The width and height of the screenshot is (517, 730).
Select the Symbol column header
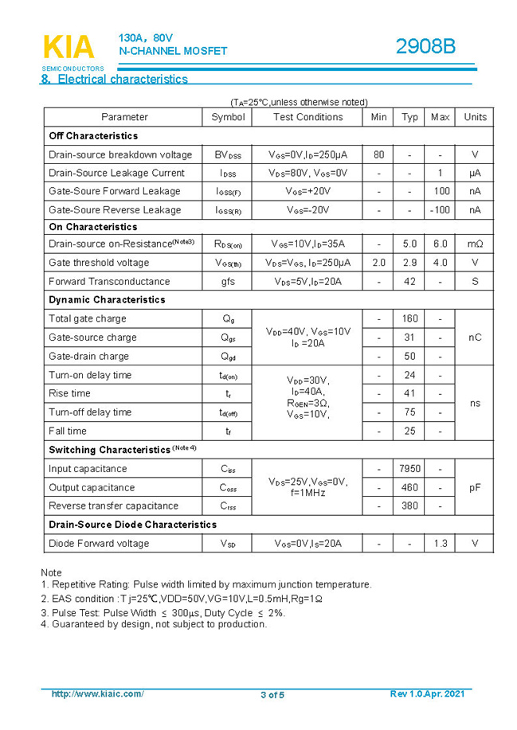[228, 117]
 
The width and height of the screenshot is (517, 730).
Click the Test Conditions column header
[307, 117]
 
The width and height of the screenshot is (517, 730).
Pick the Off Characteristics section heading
[93, 136]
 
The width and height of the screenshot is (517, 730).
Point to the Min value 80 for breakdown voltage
[378, 154]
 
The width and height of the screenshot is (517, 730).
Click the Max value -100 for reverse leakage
[440, 210]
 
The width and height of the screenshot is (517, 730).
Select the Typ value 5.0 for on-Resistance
[409, 244]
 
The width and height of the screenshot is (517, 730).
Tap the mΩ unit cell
[475, 244]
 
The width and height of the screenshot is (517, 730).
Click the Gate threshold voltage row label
[99, 263]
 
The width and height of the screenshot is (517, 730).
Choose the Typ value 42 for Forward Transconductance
[409, 282]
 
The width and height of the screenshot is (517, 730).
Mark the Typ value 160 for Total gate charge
[409, 319]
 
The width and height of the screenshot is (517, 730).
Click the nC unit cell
[475, 338]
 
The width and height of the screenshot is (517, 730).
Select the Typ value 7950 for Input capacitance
[409, 469]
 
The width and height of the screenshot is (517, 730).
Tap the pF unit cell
[475, 487]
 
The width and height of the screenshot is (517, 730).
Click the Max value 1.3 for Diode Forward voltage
[440, 544]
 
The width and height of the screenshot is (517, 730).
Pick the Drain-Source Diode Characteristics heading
[132, 525]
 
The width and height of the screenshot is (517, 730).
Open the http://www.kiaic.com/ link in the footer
[97, 694]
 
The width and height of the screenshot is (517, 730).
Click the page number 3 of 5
[272, 695]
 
